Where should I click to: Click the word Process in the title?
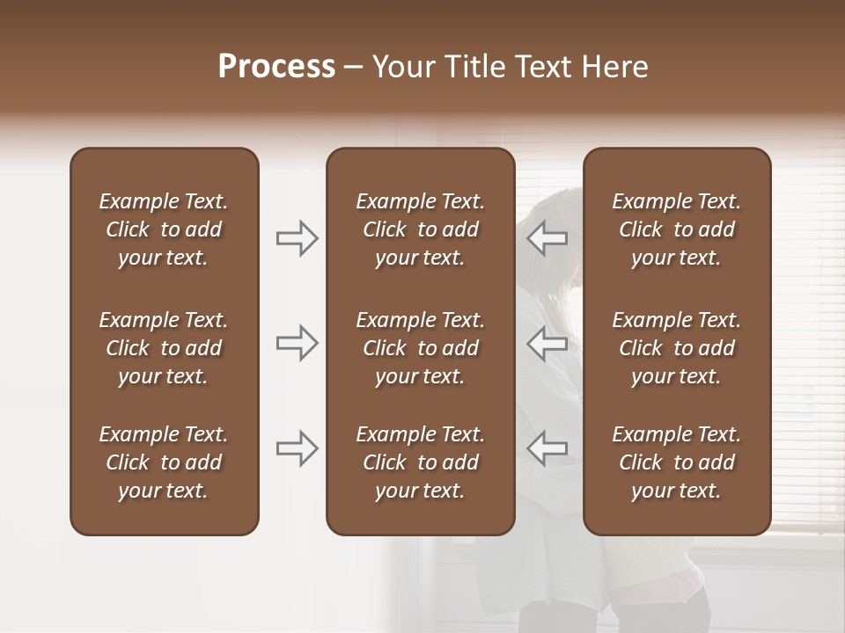276,66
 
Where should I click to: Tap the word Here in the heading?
616,66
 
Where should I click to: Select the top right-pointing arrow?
297,238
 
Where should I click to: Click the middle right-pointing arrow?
297,343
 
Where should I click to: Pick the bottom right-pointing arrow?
297,448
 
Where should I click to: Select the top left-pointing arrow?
547,238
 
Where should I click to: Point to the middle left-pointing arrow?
547,343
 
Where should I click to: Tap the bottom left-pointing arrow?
547,448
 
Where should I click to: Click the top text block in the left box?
164,229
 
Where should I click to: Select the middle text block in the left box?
164,348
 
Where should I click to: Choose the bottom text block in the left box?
164,462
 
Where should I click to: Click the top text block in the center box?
420,229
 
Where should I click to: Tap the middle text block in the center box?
420,348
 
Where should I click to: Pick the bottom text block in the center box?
420,462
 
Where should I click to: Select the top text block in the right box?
676,229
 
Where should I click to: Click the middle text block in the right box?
676,348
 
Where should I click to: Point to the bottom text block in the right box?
676,462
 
